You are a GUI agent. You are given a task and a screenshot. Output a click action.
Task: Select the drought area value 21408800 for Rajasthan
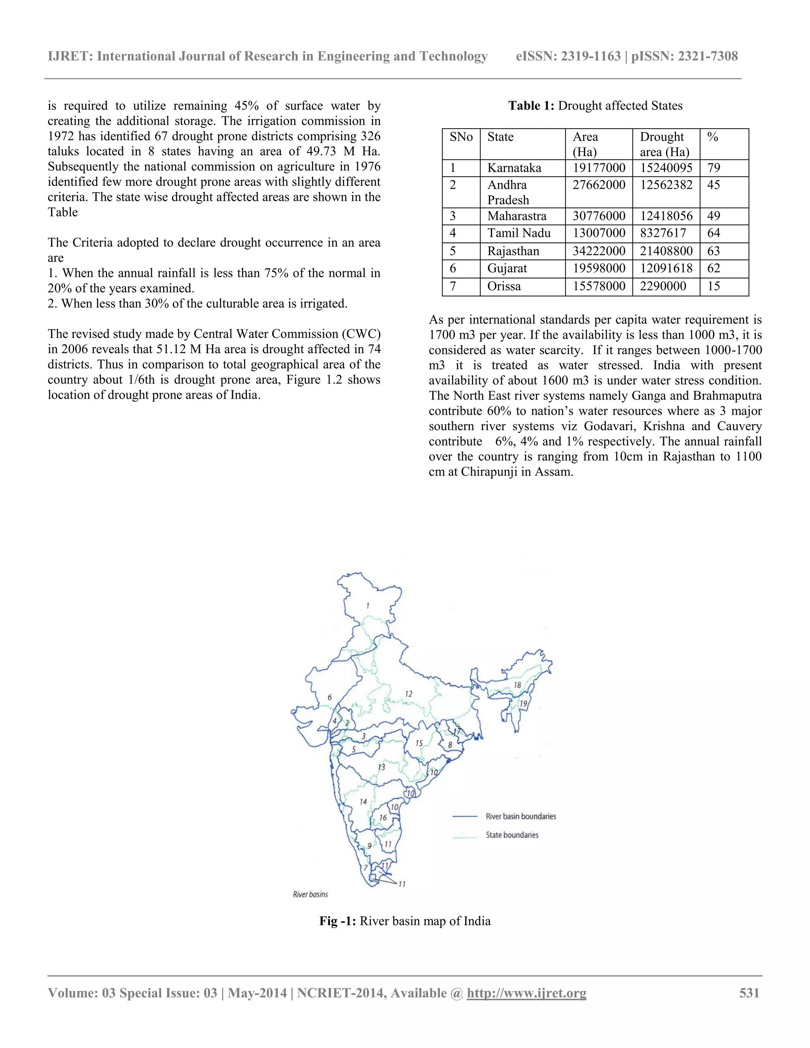coord(666,251)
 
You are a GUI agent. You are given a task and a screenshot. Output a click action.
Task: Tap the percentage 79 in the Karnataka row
coord(713,168)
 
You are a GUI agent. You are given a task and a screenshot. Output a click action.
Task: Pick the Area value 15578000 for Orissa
coord(599,286)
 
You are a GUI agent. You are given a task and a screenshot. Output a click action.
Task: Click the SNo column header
coord(461,137)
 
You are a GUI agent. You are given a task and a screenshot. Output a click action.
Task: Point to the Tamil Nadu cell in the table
coord(519,233)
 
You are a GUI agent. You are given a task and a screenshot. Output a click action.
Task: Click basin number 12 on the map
coord(408,694)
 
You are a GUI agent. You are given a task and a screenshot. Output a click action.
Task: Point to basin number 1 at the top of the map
coord(368,606)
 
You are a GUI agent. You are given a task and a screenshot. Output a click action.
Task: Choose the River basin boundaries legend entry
coord(520,816)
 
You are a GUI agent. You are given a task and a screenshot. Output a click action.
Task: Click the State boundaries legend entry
coord(512,835)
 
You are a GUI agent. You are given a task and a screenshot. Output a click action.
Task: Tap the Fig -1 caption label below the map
coord(337,921)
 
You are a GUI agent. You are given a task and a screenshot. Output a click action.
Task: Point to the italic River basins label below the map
coord(310,895)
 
